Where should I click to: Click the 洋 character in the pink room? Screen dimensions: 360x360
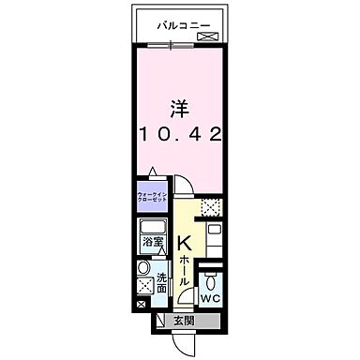coord(179,105)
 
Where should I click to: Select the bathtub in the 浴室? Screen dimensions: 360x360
coord(150,229)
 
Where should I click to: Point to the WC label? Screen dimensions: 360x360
coord(211,298)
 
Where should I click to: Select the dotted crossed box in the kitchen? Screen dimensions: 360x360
coord(213,208)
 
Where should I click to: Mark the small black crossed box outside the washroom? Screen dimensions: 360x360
coord(141,305)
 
